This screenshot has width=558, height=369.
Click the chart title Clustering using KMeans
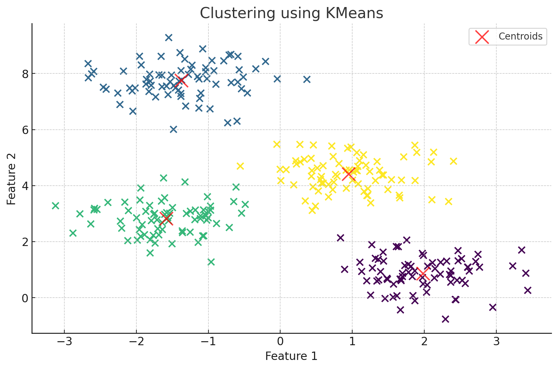291,13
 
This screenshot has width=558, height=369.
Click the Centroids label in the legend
520,36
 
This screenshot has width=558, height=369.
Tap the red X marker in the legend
482,37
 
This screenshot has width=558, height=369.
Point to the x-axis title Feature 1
291,356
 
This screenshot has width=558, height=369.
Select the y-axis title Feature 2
12,179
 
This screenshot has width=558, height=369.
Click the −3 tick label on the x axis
64,342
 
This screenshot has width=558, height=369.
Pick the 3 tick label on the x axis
496,342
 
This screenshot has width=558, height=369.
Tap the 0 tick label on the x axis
280,342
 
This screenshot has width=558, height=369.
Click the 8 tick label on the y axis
25,74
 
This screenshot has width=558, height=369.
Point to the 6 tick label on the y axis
25,130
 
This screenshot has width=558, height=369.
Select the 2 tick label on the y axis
25,242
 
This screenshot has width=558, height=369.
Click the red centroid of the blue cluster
181,81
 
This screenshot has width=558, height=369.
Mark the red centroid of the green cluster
166,219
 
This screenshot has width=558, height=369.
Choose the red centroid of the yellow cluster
349,174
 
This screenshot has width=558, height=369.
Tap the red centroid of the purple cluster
423,274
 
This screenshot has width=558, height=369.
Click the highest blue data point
169,38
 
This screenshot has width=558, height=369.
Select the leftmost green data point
55,206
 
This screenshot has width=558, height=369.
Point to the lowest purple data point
445,319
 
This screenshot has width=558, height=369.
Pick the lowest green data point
211,262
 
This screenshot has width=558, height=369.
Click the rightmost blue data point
307,79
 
